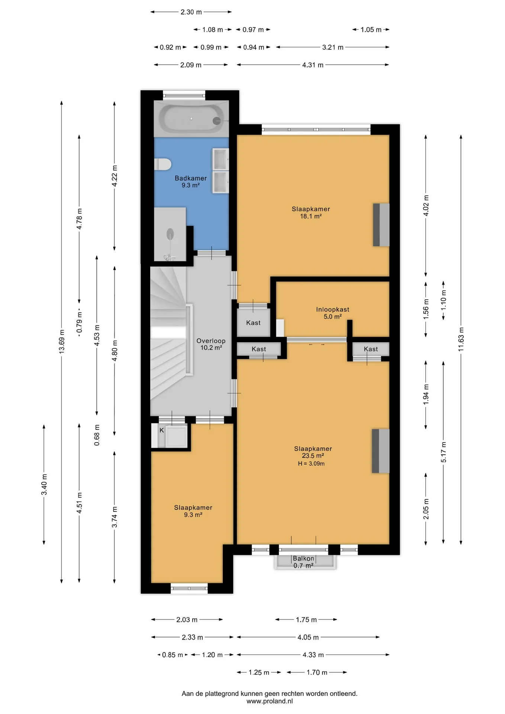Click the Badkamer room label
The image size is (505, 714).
191,178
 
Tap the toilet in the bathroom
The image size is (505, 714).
163,164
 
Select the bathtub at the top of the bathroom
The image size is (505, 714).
191,119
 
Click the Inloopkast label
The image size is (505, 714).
332,309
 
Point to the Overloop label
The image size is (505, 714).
211,341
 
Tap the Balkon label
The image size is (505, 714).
303,559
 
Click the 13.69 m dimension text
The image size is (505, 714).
62,341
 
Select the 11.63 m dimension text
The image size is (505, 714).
461,340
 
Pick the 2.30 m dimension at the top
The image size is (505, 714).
191,12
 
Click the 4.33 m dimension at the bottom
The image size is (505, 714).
313,655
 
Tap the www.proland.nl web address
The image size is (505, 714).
270,701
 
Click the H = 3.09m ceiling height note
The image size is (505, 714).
311,464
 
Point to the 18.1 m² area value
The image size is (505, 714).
311,216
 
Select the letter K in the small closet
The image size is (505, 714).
162,430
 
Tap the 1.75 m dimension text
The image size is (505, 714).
306,620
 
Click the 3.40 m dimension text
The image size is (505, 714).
44,485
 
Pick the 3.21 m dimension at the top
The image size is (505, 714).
333,47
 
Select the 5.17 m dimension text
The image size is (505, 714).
444,452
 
